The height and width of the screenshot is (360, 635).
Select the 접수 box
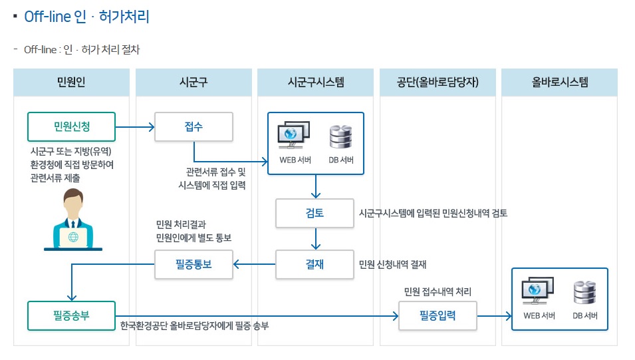point(193,126)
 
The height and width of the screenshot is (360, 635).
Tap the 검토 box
point(316,213)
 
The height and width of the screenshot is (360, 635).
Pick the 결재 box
point(316,264)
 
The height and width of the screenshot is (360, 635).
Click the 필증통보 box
point(193,264)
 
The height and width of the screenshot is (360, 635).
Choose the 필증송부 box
point(71,315)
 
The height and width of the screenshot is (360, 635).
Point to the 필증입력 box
point(438,315)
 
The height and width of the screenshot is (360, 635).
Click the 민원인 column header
point(71,83)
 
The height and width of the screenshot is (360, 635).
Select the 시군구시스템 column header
point(316,83)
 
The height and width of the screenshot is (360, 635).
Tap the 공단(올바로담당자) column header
point(438,83)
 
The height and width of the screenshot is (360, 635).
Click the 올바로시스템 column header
point(560,83)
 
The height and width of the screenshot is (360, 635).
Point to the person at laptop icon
point(73,220)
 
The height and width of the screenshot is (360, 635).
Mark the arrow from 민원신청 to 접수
point(135,126)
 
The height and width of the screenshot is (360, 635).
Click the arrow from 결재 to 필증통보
point(254,264)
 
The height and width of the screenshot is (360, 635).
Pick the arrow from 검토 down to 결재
point(316,238)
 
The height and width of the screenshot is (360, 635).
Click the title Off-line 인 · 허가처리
point(86,17)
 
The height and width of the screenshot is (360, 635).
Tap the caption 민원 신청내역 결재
point(392,264)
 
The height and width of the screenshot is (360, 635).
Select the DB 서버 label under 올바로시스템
point(585,315)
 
